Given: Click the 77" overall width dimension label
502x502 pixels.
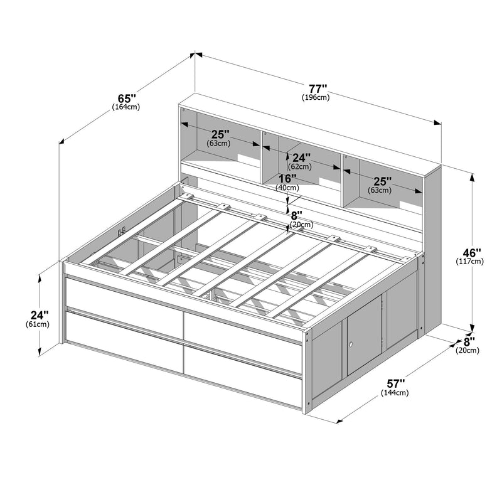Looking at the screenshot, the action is click(318, 88).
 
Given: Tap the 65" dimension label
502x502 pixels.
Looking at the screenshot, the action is click(127, 98).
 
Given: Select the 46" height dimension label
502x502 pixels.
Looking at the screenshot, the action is click(469, 252).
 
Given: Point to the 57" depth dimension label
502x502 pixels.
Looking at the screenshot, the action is click(396, 383).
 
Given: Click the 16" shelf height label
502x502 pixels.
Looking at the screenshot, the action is click(287, 178).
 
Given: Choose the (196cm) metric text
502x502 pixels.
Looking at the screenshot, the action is click(316, 97).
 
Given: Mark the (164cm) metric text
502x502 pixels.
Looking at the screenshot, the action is click(126, 107).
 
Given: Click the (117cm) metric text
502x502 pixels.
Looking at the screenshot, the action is click(469, 261).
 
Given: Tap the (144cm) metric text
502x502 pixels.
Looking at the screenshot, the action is click(395, 393).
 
